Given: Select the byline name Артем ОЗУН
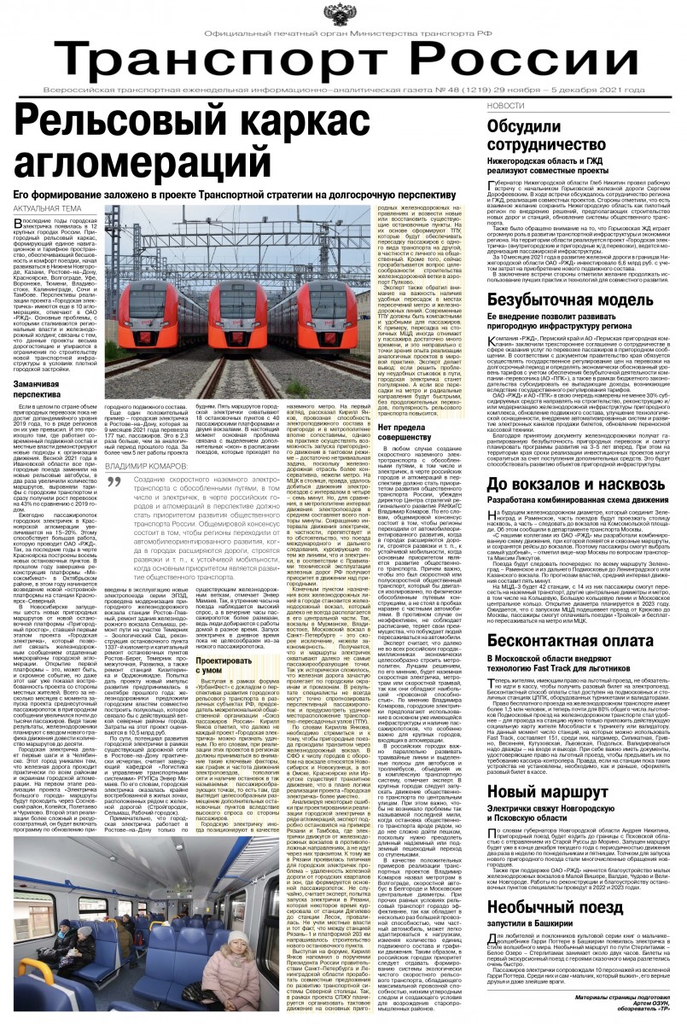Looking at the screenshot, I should [652, 1008].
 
